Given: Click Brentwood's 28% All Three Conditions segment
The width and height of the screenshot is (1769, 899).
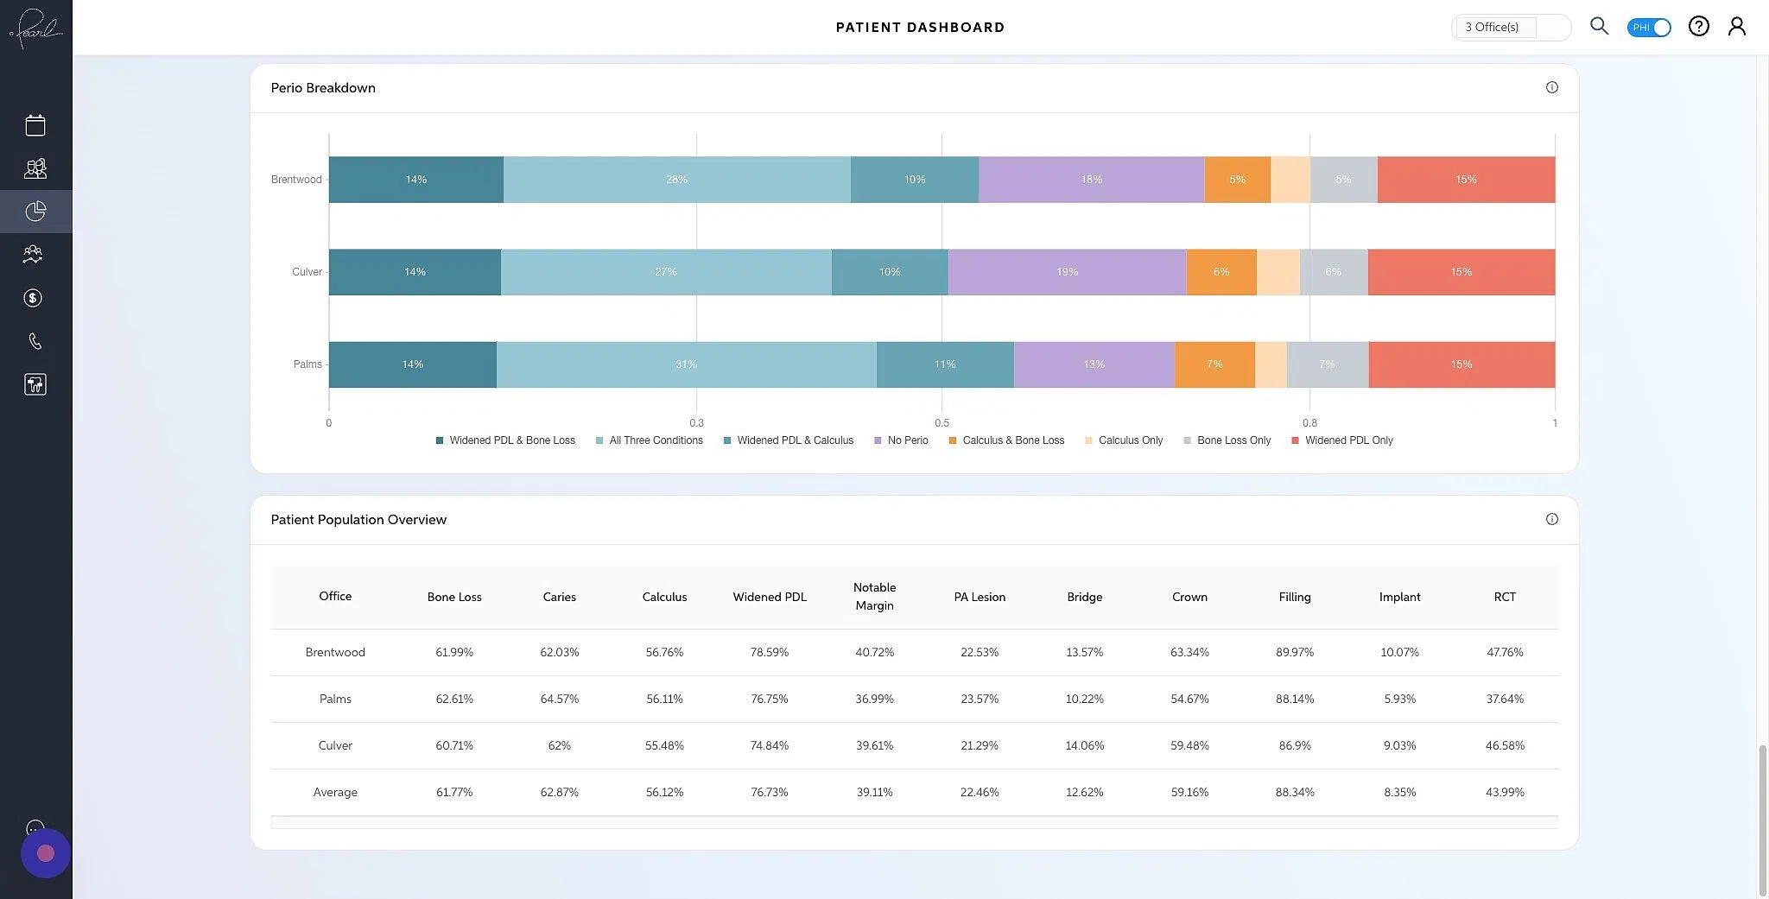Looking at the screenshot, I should point(676,180).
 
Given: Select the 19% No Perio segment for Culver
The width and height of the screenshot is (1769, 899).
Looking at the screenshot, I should point(1067,272).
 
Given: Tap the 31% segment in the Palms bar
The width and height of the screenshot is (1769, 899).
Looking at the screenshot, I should point(686,364).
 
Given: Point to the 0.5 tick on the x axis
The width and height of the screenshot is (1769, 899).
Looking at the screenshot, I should point(942,423).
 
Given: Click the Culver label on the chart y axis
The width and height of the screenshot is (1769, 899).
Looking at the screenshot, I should point(307,272).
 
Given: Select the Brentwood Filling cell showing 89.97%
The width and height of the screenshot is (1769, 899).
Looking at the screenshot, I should point(1294,652).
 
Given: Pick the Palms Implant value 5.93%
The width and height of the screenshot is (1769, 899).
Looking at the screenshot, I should point(1399,699).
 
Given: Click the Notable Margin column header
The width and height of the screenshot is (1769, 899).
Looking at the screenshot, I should point(874,597).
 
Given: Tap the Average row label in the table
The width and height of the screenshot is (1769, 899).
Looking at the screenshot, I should point(335,792).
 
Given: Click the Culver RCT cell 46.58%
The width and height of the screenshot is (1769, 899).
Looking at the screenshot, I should point(1505,745).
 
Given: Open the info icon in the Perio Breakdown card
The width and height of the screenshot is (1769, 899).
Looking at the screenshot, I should point(1551,87).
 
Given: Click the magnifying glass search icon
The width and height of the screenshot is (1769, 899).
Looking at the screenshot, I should point(1599,26).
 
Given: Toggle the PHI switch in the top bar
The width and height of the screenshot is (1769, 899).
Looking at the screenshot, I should point(1648,28).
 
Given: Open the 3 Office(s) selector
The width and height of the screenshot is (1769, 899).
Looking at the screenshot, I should point(1510,28).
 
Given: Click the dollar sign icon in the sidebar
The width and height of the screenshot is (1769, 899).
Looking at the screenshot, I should point(34,298).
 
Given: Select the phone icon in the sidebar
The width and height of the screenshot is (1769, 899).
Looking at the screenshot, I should point(35,341).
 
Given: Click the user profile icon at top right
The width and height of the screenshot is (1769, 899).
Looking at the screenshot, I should point(1736,27).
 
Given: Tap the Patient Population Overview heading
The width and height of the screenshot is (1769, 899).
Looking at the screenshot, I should point(358,520).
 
